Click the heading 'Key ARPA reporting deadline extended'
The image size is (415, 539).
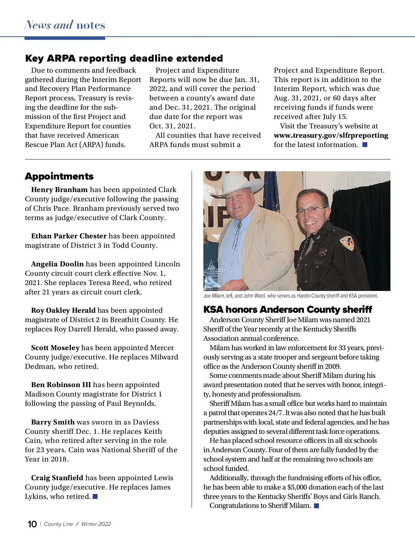click(124, 58)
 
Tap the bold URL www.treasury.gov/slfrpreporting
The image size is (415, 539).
click(331, 136)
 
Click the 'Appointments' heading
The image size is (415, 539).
click(59, 176)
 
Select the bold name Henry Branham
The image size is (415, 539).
click(59, 190)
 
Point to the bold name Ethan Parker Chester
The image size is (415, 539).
click(68, 236)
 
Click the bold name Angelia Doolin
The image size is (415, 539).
click(57, 264)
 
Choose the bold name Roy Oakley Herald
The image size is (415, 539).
click(63, 310)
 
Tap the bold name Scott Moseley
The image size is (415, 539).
click(55, 348)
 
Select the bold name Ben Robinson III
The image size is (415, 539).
click(61, 385)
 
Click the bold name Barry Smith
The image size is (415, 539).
click(53, 422)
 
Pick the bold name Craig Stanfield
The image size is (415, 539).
click(57, 478)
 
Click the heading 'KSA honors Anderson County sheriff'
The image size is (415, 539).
click(287, 309)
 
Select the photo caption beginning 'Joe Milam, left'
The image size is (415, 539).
click(290, 296)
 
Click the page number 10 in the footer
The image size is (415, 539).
click(32, 524)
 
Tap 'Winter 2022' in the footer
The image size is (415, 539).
click(96, 524)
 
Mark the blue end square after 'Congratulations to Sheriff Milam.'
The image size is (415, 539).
click(316, 506)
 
